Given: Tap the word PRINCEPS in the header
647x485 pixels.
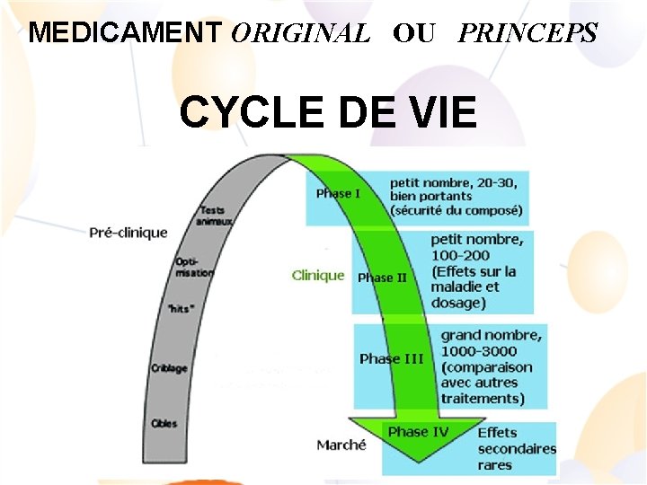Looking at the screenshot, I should [x=527, y=33].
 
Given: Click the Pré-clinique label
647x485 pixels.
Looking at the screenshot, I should [x=129, y=233].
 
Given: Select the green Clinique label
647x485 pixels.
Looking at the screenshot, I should [x=318, y=276].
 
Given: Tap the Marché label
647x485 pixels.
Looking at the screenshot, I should [x=341, y=445].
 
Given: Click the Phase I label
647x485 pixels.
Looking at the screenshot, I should [x=339, y=193].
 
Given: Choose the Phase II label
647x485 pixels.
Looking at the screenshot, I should [x=382, y=278].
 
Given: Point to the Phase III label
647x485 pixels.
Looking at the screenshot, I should [x=392, y=358].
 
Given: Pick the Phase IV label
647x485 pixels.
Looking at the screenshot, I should [x=419, y=432].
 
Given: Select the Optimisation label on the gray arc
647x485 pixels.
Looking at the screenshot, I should [x=194, y=267].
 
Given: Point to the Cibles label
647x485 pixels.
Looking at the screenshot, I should [x=164, y=423].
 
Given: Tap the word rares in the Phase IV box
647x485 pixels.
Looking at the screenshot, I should [x=495, y=464].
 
